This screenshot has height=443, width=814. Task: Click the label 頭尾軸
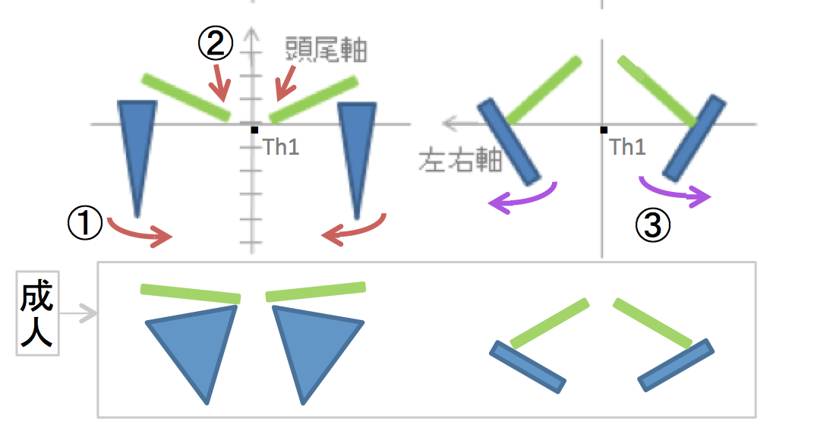(325, 49)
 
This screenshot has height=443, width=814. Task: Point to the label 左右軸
(460, 160)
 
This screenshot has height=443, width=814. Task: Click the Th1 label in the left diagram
(281, 146)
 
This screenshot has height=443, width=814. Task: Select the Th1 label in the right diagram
(627, 146)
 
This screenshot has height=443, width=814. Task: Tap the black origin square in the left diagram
(254, 130)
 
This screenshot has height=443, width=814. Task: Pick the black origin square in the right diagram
(603, 130)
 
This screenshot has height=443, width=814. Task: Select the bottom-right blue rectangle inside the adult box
(675, 365)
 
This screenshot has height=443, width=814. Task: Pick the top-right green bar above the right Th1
(656, 90)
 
